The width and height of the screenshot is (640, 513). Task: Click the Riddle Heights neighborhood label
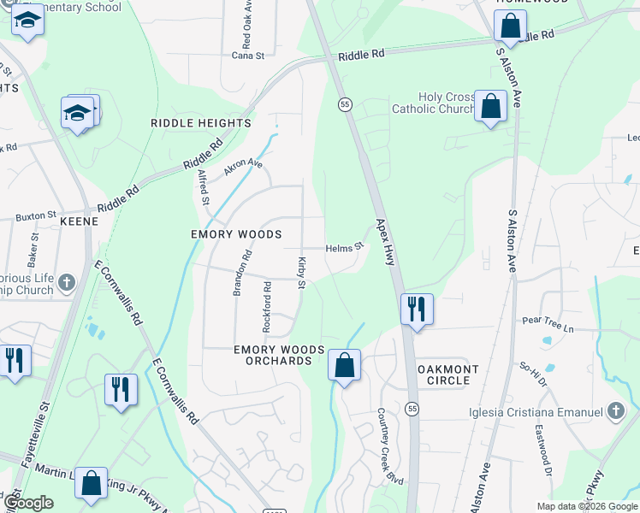200,123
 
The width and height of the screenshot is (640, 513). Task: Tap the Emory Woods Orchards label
280,356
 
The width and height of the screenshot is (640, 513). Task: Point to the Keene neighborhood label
80,221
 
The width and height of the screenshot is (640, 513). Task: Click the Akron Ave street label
243,167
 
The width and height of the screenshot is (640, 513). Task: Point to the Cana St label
249,56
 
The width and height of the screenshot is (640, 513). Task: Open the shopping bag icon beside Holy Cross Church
491,107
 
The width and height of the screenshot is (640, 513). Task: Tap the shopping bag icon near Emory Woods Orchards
344,365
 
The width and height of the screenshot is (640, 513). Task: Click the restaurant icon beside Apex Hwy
417,309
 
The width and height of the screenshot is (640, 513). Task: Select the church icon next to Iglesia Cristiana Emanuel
614,412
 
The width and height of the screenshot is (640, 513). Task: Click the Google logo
27,504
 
